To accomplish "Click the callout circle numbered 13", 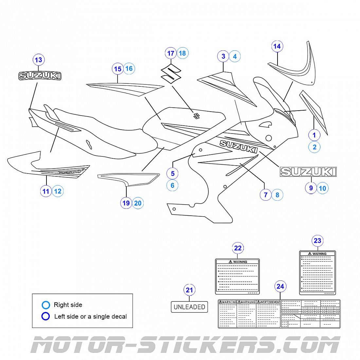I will point(39,60).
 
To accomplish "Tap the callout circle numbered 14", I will point(277,46).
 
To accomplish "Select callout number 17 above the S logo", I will point(171,53).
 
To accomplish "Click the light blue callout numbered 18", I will point(183,53).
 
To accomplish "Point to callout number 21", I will point(189,290).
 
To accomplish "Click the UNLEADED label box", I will point(189,307).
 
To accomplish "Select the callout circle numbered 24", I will point(280,287).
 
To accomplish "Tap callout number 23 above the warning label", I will point(317,241).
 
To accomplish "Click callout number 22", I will point(238,248).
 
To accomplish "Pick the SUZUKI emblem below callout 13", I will point(40,76).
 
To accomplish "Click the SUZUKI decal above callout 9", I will point(308,172).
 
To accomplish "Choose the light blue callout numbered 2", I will point(315,147).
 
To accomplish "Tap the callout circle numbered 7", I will point(266,195).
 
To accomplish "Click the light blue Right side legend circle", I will point(46,305).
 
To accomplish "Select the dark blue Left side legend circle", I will point(46,316).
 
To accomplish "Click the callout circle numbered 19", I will point(126,203).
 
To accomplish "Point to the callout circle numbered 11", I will point(46,191).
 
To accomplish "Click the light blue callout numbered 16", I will point(129,68).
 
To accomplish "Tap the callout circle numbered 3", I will point(223,56).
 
